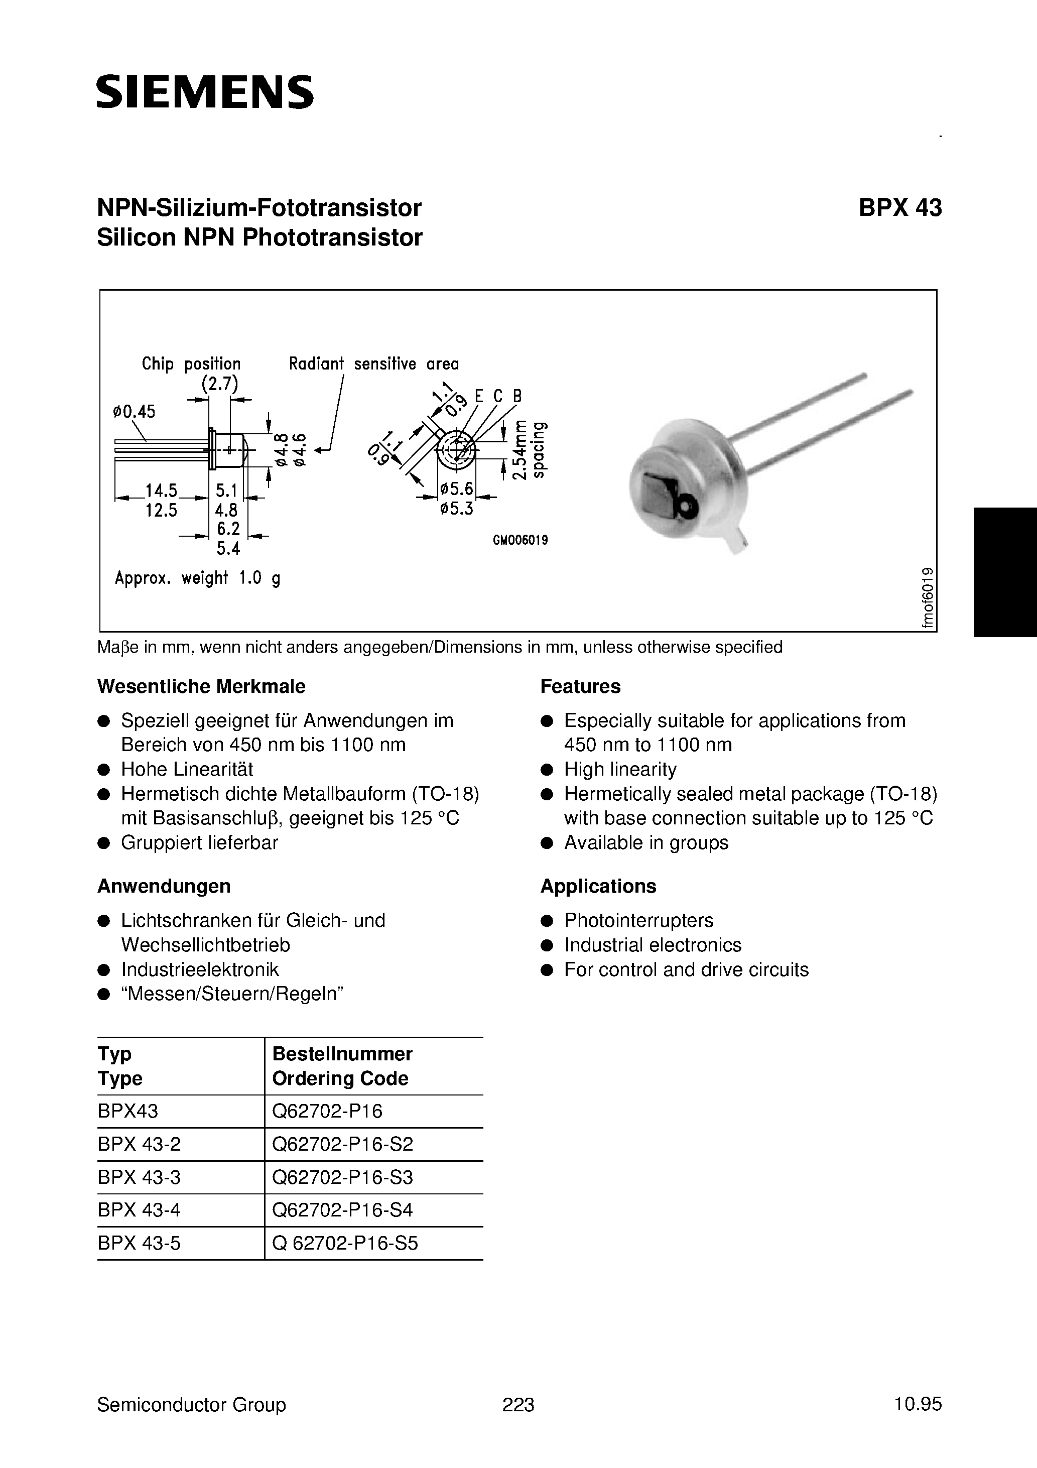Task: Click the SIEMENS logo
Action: pyautogui.click(x=205, y=91)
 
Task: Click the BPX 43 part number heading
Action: pyautogui.click(x=899, y=208)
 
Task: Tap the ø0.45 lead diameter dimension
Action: pyautogui.click(x=134, y=411)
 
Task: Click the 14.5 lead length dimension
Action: pyautogui.click(x=161, y=491)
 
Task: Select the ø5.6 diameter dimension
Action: pyautogui.click(x=456, y=489)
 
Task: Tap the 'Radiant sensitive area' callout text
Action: pyautogui.click(x=373, y=364)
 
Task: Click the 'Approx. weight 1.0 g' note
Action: pyautogui.click(x=197, y=578)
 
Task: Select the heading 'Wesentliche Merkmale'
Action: pyautogui.click(x=201, y=686)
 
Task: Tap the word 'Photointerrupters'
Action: pyautogui.click(x=638, y=920)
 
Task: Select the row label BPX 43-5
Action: pyautogui.click(x=140, y=1243)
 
